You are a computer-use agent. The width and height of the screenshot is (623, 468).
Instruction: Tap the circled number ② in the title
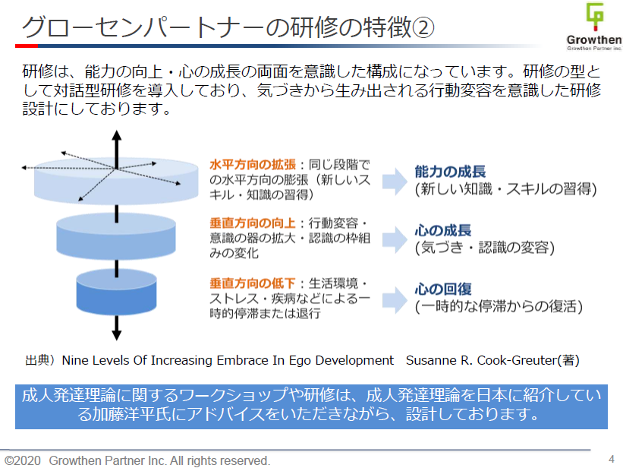tap(423, 28)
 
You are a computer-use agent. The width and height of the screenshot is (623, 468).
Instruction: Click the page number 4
tap(611, 458)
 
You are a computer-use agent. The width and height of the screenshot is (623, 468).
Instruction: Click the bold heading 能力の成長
tap(450, 172)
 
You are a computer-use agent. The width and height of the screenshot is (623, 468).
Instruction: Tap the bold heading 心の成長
tap(443, 230)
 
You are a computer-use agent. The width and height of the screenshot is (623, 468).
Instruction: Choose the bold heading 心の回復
tap(443, 289)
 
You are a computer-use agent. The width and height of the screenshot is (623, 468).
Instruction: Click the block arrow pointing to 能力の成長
tap(393, 180)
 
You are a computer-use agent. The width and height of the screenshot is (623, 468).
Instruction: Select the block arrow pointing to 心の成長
tap(393, 239)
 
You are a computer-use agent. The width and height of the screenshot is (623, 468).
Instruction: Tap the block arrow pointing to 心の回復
tap(393, 298)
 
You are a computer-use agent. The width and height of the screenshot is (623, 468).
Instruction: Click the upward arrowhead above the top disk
tap(116, 137)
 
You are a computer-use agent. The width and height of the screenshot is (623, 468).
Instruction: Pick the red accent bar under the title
tap(27, 46)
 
